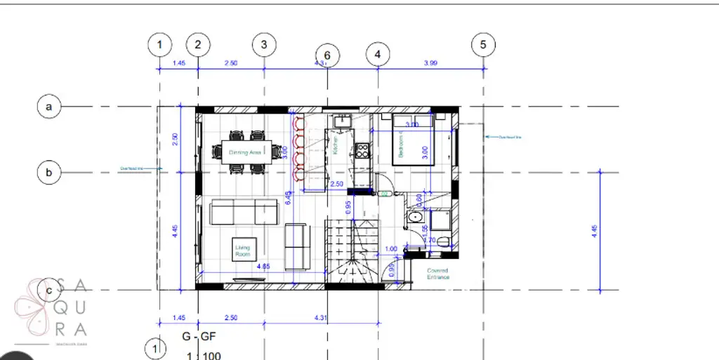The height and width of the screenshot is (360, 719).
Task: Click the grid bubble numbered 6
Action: coord(327,55)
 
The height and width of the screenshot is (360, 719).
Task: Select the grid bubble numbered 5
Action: coord(482,44)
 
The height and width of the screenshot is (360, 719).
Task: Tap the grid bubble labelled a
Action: coord(49,107)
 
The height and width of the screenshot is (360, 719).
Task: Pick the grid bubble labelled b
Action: coord(49,172)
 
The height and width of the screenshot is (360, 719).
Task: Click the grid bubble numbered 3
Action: coord(264,44)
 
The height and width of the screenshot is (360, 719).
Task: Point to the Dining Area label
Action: coord(245,152)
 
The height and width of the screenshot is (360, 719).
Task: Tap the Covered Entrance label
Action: coord(437,274)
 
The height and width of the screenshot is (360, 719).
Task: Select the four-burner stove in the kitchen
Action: coord(362,149)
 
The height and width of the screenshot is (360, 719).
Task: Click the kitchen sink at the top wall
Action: coord(342,121)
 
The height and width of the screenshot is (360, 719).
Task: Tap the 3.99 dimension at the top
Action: coord(430,63)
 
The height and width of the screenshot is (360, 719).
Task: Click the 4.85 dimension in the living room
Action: coord(264,267)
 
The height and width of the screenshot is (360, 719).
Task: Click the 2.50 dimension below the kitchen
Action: coord(336,184)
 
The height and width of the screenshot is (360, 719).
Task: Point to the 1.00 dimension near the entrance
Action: coord(392,248)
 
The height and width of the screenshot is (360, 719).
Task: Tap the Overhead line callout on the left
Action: coord(132,168)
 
